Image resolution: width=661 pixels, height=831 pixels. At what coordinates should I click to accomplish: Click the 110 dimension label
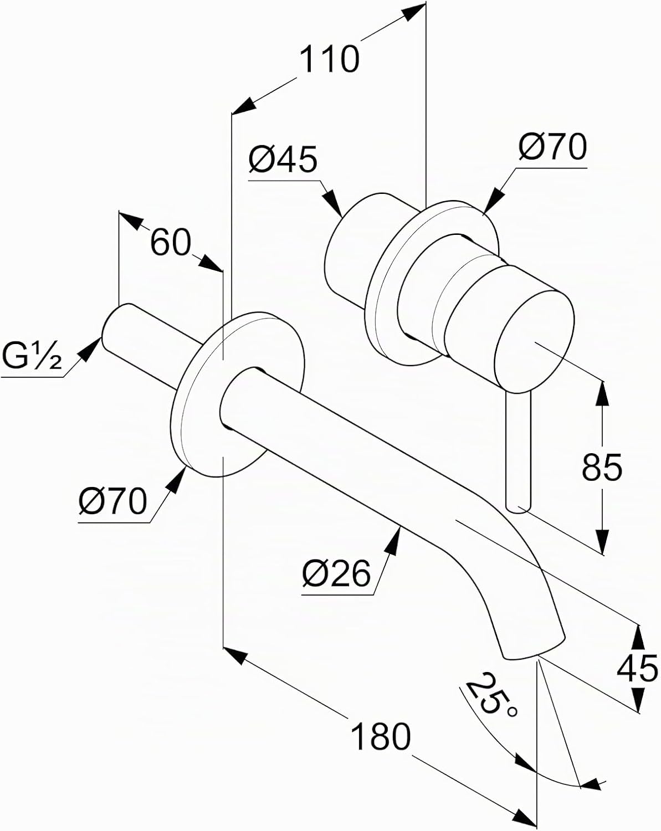click(329, 59)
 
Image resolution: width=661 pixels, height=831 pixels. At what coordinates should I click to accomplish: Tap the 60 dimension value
click(170, 242)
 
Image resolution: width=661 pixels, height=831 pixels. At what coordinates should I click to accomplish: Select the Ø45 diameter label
click(283, 159)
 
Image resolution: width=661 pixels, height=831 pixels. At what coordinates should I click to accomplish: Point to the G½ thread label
click(31, 356)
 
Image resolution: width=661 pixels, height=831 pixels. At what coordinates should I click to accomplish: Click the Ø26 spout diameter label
click(336, 573)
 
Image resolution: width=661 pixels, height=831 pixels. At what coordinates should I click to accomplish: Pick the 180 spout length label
click(381, 736)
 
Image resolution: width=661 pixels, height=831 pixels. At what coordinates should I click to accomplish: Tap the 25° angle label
click(491, 704)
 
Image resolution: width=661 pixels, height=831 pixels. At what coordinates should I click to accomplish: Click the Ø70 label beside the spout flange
click(113, 501)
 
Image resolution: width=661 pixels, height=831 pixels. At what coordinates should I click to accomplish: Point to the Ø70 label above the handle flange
click(552, 147)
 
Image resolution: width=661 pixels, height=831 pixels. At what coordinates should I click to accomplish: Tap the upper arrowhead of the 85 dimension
click(602, 393)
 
